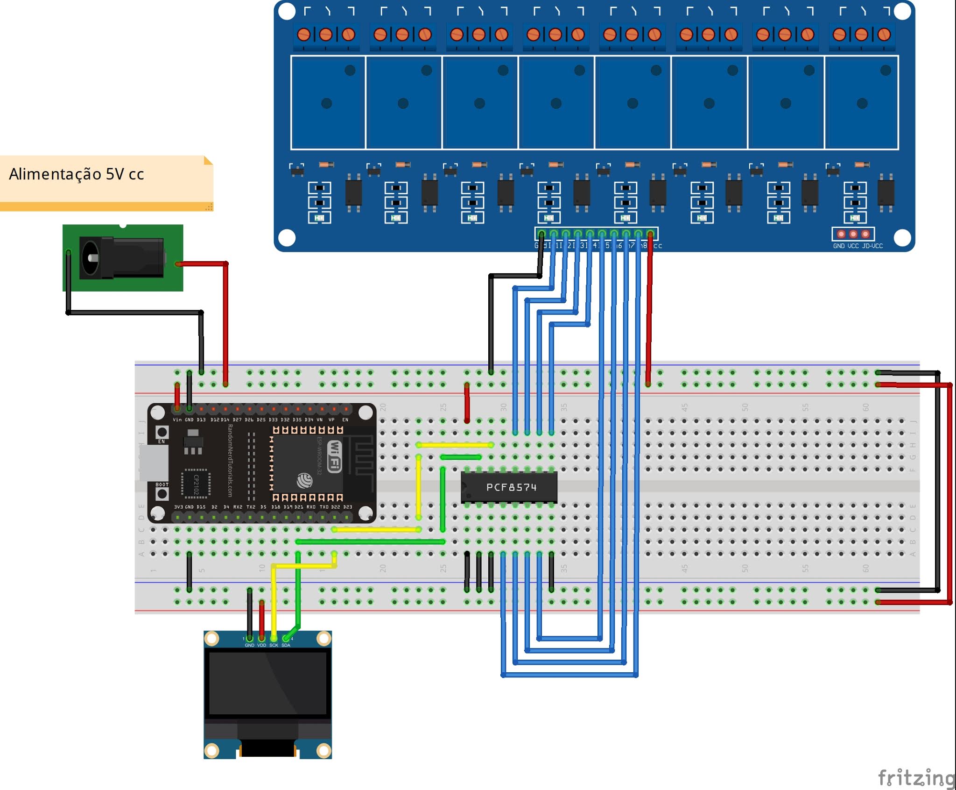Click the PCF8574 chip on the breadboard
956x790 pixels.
[509, 487]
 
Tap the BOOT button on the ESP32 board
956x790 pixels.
[162, 493]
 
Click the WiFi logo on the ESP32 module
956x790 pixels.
[335, 456]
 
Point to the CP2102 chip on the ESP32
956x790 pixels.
[196, 484]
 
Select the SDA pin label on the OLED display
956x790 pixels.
[286, 645]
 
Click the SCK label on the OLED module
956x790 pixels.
[274, 645]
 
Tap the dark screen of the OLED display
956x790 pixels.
[267, 683]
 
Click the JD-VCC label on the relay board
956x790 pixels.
[872, 246]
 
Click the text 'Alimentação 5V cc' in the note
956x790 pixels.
[77, 174]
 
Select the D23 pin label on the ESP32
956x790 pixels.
[348, 507]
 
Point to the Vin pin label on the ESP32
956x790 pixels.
[177, 420]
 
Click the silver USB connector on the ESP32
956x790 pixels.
[154, 463]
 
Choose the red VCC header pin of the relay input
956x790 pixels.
[650, 234]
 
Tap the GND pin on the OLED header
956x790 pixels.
[250, 638]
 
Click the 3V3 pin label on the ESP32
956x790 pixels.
[178, 507]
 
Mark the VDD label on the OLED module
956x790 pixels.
[261, 645]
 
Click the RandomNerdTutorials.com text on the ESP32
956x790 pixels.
[230, 460]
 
